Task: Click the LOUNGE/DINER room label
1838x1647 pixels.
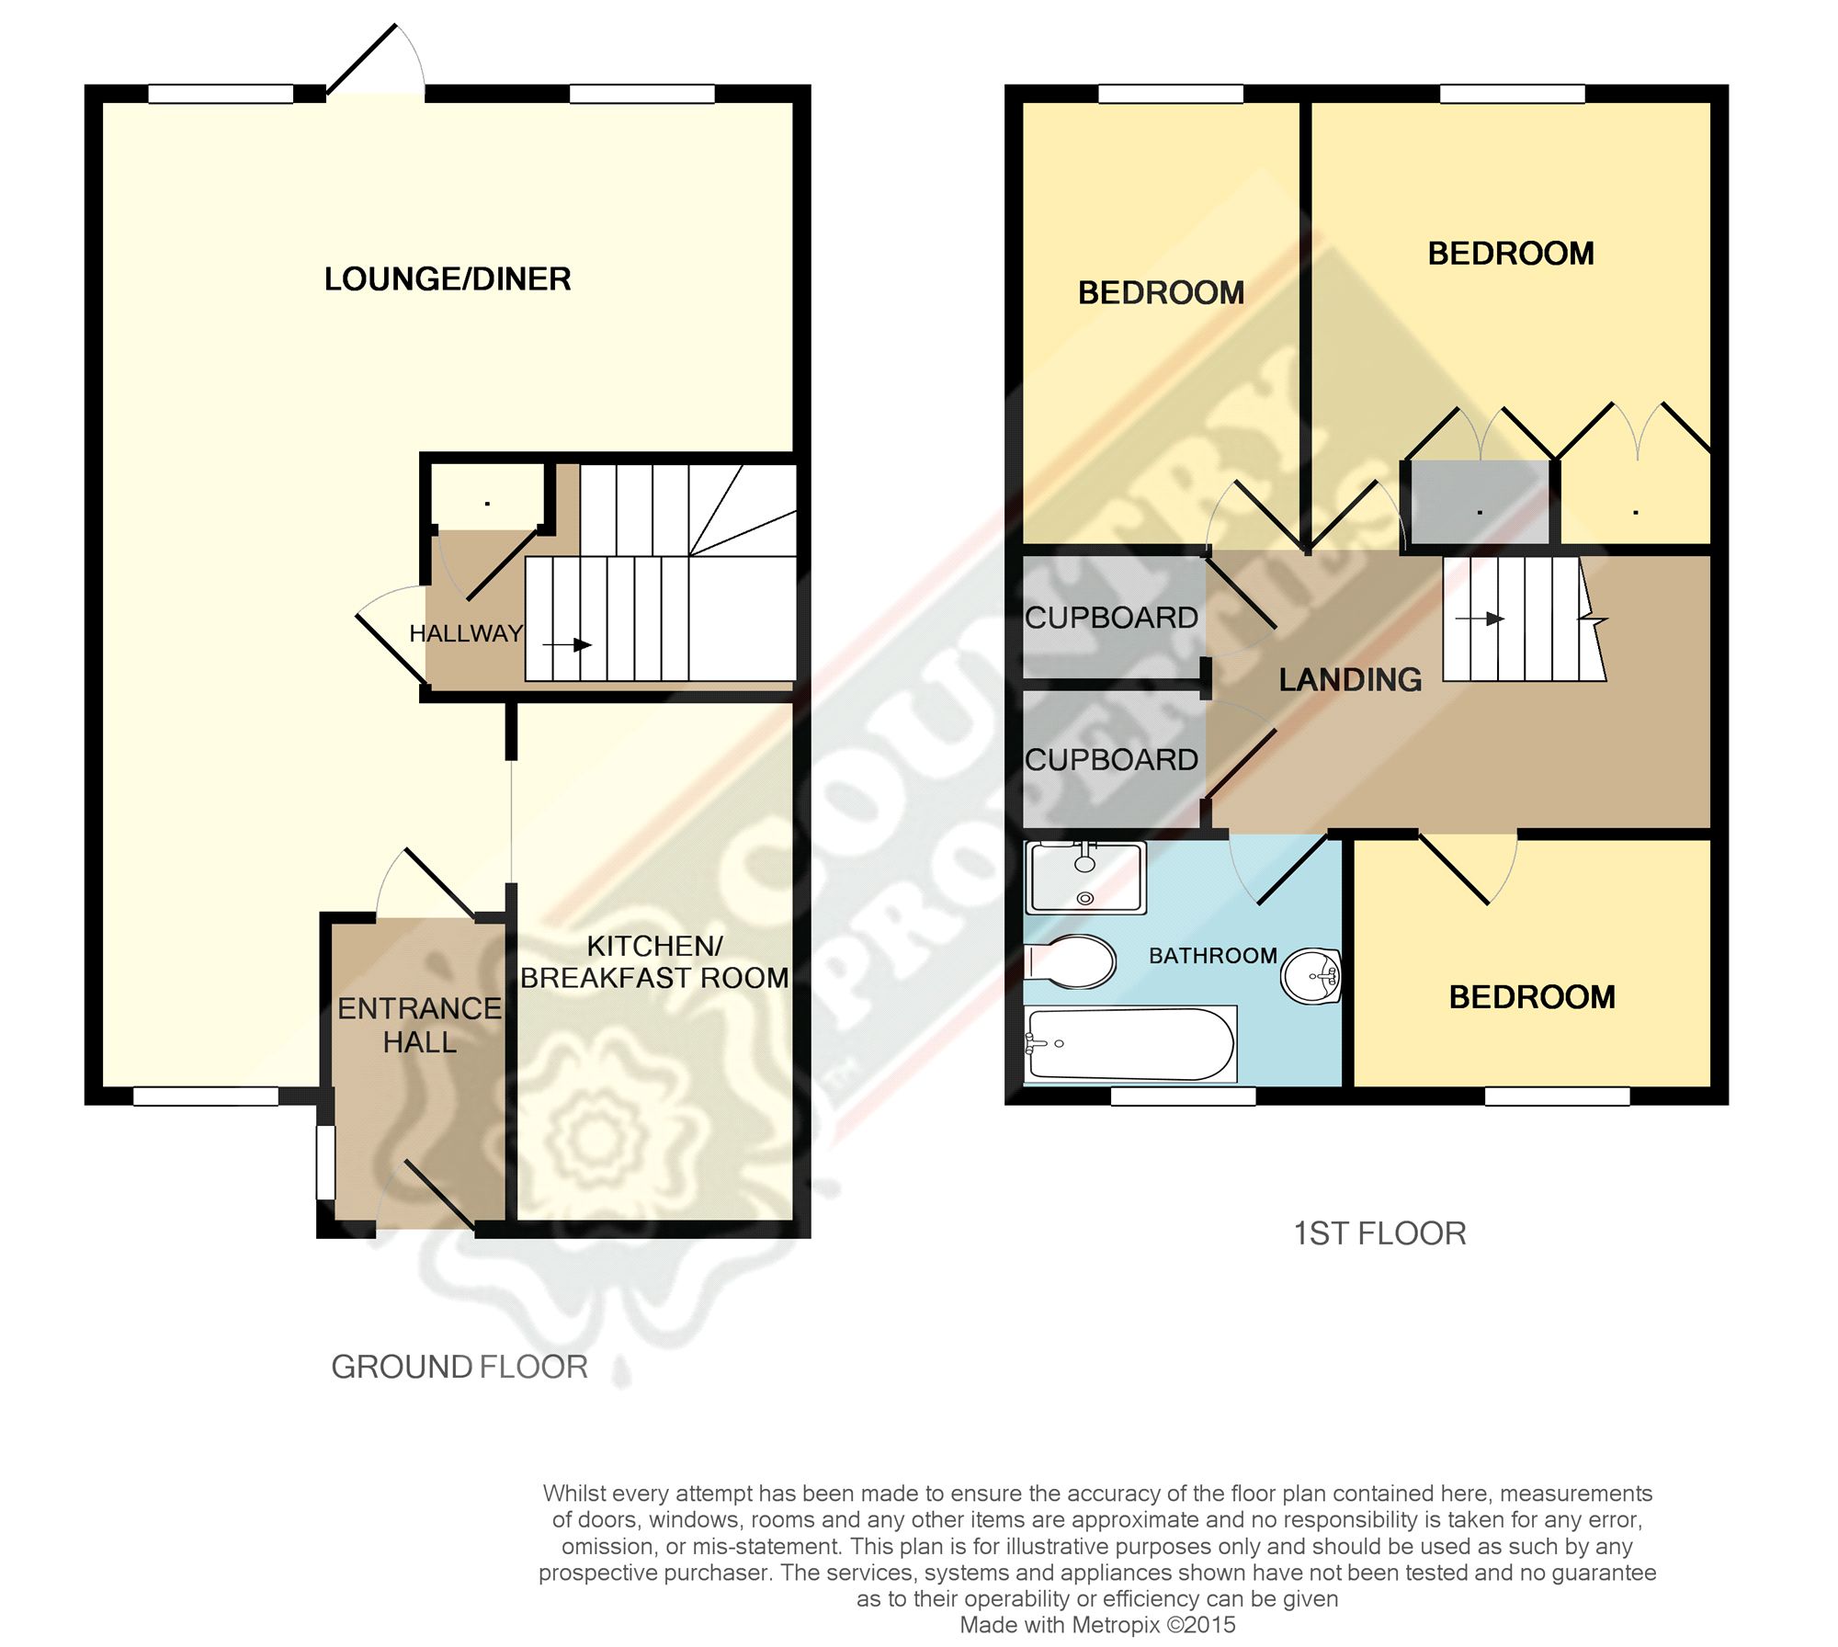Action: coord(448,279)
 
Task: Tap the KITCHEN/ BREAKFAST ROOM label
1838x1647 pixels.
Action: coord(654,962)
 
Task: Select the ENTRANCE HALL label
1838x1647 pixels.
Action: coord(419,1025)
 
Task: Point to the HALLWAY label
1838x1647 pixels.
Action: coord(465,633)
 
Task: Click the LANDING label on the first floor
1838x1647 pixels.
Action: coord(1350,680)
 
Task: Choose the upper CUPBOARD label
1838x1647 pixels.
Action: coord(1111,618)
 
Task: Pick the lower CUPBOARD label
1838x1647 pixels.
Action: coord(1111,760)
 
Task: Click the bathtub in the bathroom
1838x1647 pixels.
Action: coord(1130,1044)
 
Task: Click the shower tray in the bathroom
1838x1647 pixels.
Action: coord(1086,878)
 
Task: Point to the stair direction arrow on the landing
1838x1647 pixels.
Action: coord(1481,619)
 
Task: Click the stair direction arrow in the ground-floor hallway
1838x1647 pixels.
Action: coord(567,645)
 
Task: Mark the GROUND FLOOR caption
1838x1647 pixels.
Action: coord(459,1367)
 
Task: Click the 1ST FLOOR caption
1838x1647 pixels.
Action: coord(1379,1233)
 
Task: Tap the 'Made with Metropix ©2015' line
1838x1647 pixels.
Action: coord(1097,1625)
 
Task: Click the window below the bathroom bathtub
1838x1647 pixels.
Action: coord(1183,1096)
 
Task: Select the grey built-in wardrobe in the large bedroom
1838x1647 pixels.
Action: coord(1480,503)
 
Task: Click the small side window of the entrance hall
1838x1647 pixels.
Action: coord(325,1163)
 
